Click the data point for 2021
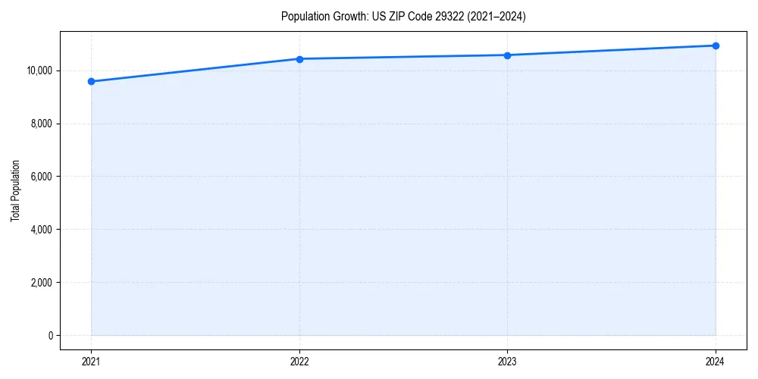tap(91, 81)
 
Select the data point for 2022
tap(299, 59)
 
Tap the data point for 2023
tap(507, 55)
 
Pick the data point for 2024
tap(716, 45)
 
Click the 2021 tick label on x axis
tap(91, 362)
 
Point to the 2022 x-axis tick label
tap(299, 362)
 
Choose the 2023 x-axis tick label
tap(507, 362)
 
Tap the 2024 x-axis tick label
tap(716, 362)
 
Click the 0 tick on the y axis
tap(50, 336)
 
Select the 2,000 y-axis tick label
tap(41, 283)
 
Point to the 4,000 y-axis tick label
tap(41, 230)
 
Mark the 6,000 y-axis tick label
tap(41, 177)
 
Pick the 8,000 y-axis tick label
tap(41, 124)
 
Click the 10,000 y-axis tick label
tap(39, 70)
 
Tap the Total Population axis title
tap(15, 190)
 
